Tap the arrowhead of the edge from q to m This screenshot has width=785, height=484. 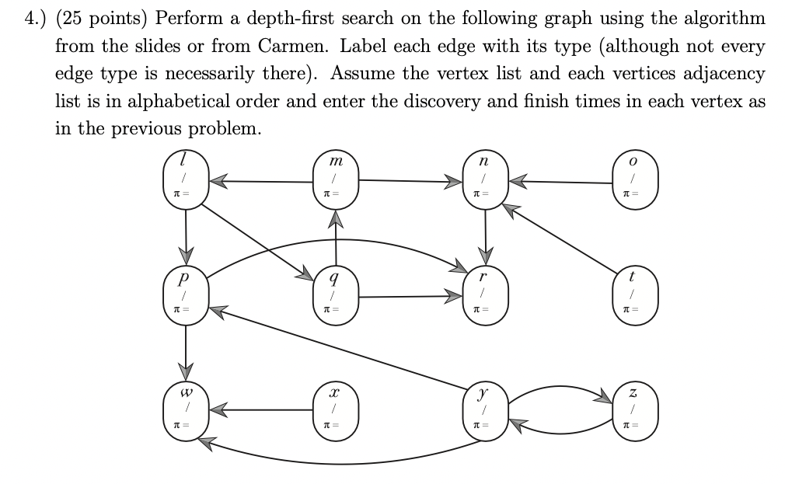[x=336, y=223]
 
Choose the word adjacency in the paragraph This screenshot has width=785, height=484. [x=722, y=74]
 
